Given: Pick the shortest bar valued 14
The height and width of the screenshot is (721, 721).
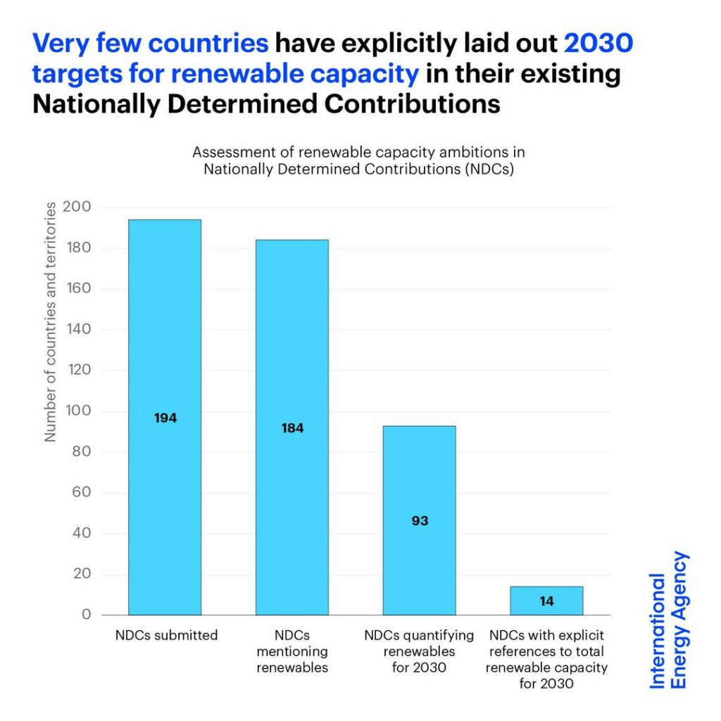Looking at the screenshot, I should [x=546, y=601].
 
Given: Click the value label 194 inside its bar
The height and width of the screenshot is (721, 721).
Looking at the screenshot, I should [x=165, y=418].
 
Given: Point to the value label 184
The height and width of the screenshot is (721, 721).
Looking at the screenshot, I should [x=292, y=428].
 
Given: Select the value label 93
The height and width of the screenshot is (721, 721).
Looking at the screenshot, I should [x=420, y=522].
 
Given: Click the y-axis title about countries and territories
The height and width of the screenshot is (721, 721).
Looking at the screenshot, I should [x=51, y=322].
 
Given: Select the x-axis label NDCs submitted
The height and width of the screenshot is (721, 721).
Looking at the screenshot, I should [x=166, y=636].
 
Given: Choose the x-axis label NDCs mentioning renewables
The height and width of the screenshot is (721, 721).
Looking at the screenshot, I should [x=292, y=651].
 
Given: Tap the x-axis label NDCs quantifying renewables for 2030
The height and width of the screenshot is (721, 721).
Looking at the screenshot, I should [x=419, y=651].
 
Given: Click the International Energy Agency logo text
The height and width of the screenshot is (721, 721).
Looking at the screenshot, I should [x=668, y=620].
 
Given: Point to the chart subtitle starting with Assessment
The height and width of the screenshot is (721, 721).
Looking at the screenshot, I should [x=358, y=161].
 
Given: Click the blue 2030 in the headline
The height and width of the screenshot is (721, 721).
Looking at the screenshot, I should [x=598, y=43].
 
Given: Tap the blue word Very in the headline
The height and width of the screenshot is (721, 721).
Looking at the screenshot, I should [x=62, y=43].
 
